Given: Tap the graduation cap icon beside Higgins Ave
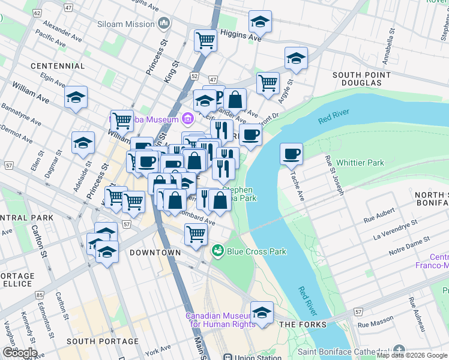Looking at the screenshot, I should tap(260, 22).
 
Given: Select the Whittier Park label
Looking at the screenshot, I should tap(360, 163).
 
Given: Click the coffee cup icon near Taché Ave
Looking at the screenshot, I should tap(292, 154).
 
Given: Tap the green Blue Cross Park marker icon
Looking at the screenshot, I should tap(217, 251).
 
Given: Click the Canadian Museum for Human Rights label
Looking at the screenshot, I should tap(221, 320).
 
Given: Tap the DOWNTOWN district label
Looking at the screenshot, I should tap(155, 253).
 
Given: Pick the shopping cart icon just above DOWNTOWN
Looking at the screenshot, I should tap(196, 233).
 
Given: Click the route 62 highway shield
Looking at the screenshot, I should tap(38, 12).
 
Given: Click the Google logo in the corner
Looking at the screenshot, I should tap(19, 353).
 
